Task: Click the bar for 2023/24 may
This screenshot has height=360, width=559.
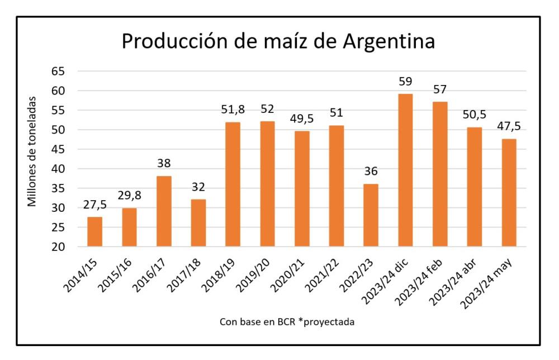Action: pyautogui.click(x=508, y=193)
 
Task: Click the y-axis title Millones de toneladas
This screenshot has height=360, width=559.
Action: pyautogui.click(x=33, y=151)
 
